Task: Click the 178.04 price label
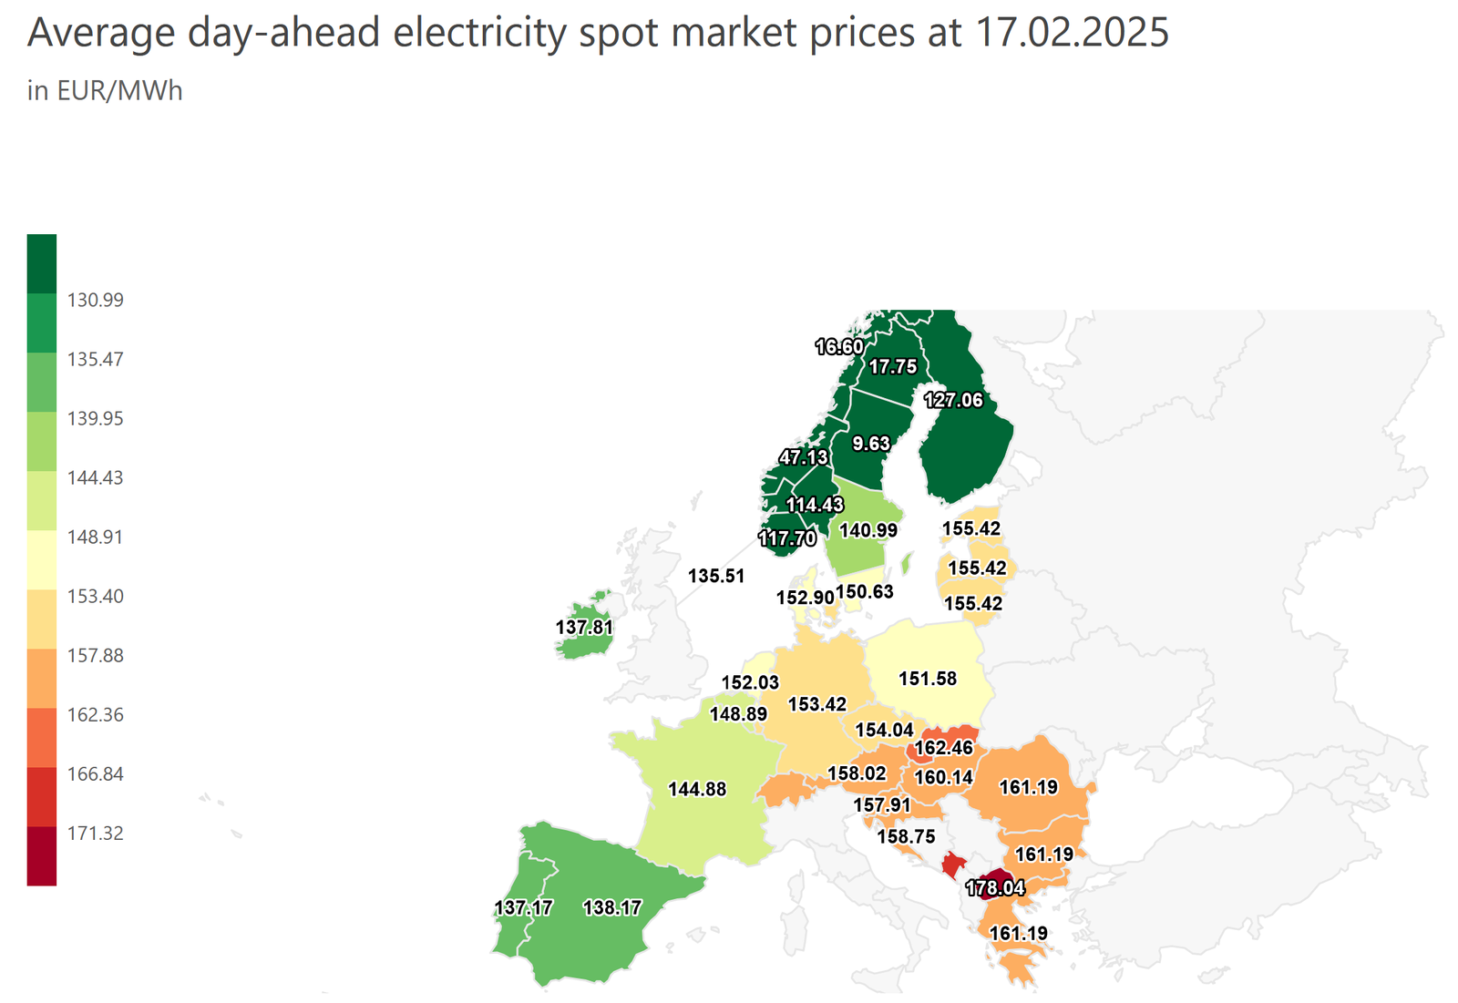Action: pyautogui.click(x=994, y=888)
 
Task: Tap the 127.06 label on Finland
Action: pyautogui.click(x=953, y=400)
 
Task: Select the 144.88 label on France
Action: pyautogui.click(x=697, y=789)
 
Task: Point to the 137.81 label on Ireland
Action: pyautogui.click(x=584, y=627)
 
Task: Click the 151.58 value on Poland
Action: pyautogui.click(x=928, y=678)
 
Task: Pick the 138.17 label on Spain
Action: pyautogui.click(x=612, y=907)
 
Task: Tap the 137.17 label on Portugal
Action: pyautogui.click(x=523, y=907)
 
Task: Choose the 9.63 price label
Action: pyautogui.click(x=870, y=444)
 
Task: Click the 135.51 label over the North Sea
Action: pyautogui.click(x=716, y=576)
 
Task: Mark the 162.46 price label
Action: pyautogui.click(x=944, y=748)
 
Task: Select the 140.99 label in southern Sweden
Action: pyautogui.click(x=868, y=530)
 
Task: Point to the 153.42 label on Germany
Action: pyautogui.click(x=817, y=704)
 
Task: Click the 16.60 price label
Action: pyautogui.click(x=839, y=346)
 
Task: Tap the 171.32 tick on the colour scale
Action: pyautogui.click(x=95, y=833)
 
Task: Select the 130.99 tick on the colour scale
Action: pyautogui.click(x=95, y=300)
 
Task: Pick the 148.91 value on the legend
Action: pyautogui.click(x=95, y=537)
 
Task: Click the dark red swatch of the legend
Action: pyautogui.click(x=42, y=856)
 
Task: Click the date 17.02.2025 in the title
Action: pyautogui.click(x=1072, y=33)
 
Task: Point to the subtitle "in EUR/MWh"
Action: pyautogui.click(x=105, y=91)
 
